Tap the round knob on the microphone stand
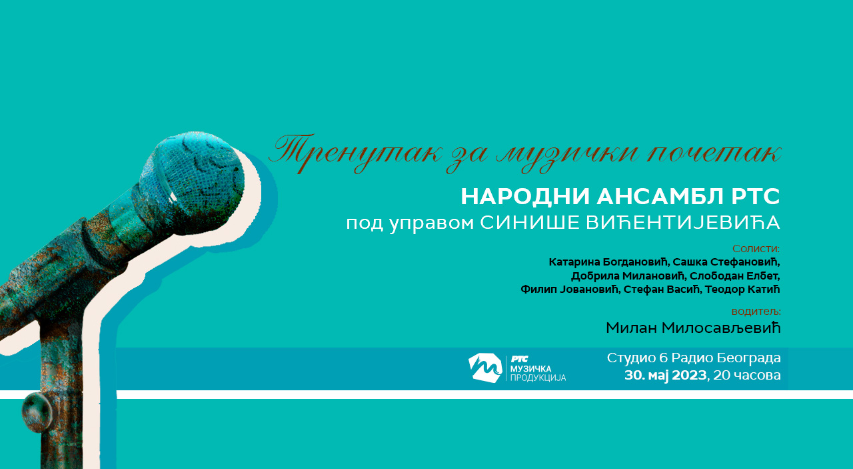coord(37,412)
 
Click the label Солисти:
coord(756,249)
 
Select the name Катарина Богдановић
coord(608,262)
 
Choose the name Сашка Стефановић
coord(726,262)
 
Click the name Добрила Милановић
coord(628,276)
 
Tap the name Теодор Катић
coord(742,290)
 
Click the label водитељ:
coord(756,312)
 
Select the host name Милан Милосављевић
coord(693,328)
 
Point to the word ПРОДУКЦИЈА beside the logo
coord(538,378)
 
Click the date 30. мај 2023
coord(665,375)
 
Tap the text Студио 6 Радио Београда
coord(694,358)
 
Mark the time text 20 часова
coord(747,375)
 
